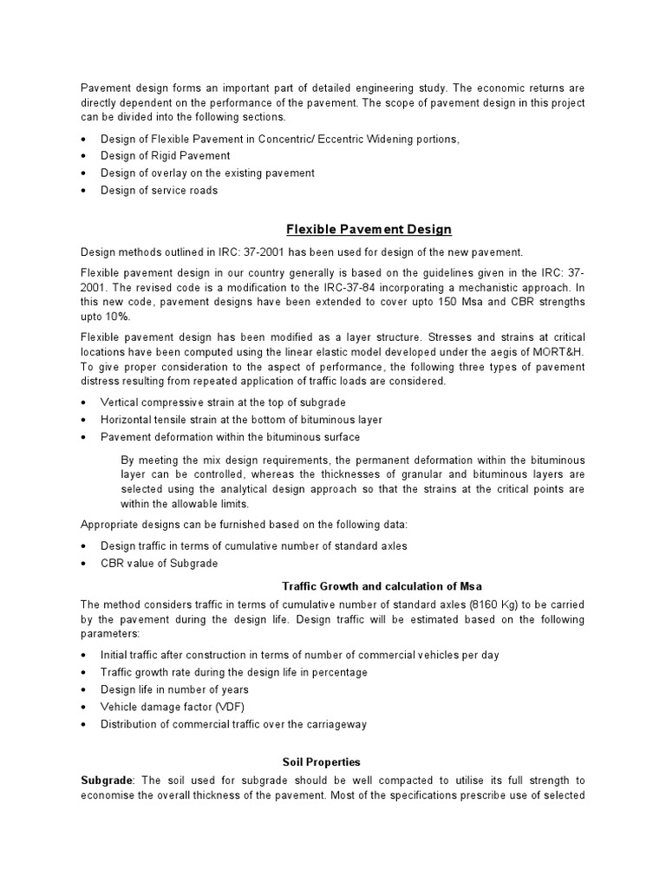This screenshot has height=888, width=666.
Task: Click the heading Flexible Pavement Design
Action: [x=369, y=229]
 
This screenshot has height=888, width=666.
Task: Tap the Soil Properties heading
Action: [x=322, y=761]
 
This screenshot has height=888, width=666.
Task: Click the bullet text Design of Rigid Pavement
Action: [x=165, y=156]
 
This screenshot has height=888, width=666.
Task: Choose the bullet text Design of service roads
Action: [x=159, y=191]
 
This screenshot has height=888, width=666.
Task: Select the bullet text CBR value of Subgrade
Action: [x=159, y=564]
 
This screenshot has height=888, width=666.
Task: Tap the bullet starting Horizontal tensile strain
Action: [x=241, y=420]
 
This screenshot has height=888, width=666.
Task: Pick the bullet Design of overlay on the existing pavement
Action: [x=207, y=173]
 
